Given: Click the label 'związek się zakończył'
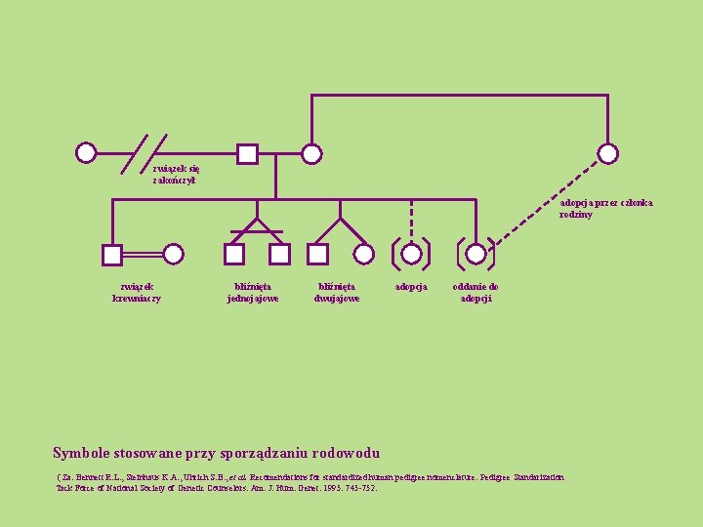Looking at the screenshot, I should (175, 174).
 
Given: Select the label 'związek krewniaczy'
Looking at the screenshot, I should (137, 292).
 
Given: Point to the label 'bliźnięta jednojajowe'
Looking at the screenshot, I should (253, 292).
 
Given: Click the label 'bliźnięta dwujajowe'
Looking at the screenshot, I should (337, 292).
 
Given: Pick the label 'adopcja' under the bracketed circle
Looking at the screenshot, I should (411, 287).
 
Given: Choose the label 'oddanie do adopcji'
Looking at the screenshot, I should (476, 292).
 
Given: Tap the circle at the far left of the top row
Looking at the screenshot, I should (87, 153).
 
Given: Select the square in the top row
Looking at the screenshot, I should (248, 153).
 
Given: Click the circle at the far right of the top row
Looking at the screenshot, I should (608, 153).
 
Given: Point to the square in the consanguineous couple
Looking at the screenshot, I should (112, 255).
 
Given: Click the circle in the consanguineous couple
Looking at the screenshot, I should (174, 255).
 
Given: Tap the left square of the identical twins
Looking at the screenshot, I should (234, 255).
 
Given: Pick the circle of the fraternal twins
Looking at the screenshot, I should (363, 255).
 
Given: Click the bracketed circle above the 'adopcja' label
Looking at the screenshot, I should (411, 254).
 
